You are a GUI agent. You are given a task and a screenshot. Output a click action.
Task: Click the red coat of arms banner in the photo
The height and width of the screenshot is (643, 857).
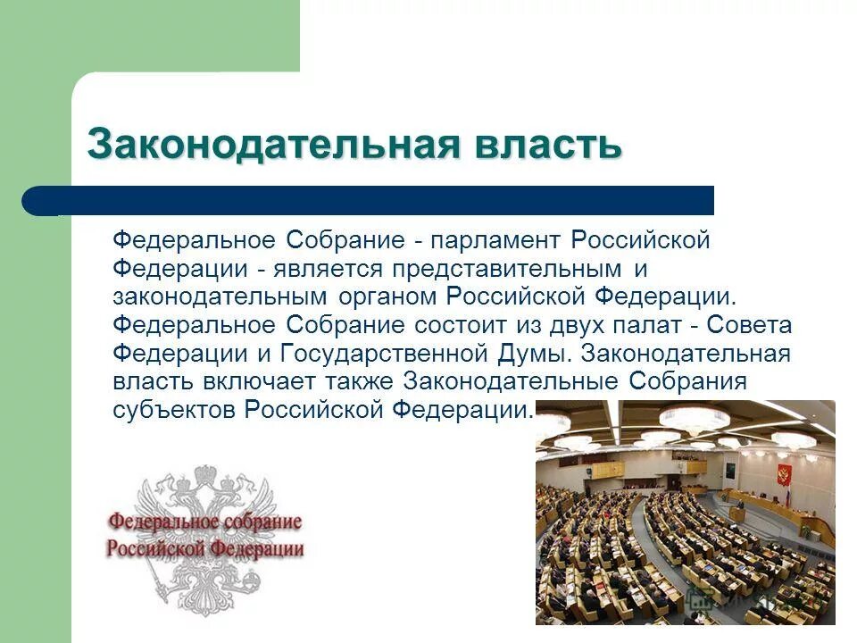[x=785, y=473]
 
